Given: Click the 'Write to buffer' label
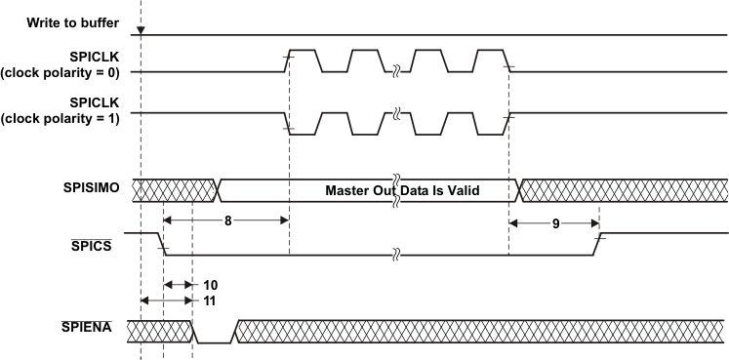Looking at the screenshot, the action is click(x=72, y=22).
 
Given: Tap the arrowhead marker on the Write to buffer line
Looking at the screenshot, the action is click(x=141, y=31).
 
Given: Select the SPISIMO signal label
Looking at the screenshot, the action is click(x=91, y=187).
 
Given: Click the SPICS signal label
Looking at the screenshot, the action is click(x=92, y=245).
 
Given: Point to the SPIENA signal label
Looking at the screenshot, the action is click(x=87, y=327).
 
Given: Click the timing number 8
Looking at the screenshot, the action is click(x=227, y=220).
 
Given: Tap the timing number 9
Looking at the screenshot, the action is click(x=556, y=223).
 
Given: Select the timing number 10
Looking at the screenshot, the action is click(x=210, y=284).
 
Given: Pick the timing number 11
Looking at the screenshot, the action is click(x=209, y=301).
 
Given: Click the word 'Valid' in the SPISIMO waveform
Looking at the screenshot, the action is click(x=463, y=190).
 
